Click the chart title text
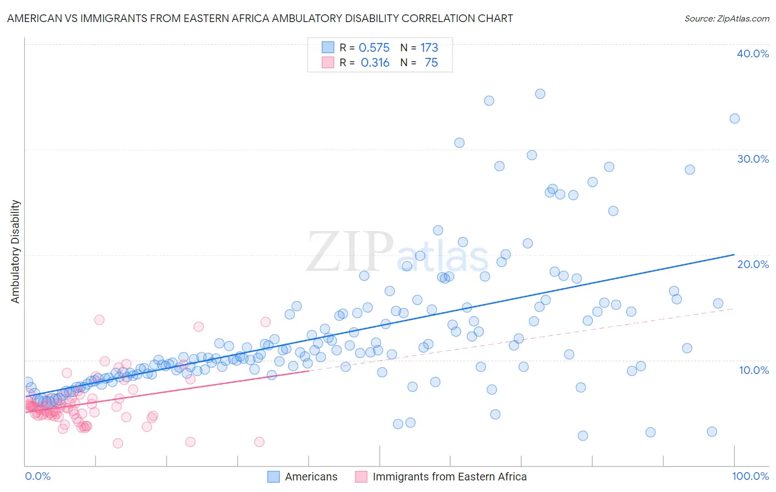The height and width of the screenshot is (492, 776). coord(260,18)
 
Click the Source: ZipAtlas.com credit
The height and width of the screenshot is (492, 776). coord(726,18)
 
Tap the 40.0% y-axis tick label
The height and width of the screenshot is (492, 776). coord(753,54)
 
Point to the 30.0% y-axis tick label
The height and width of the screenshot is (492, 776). coord(753,159)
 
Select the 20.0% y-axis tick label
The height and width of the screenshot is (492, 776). coord(753,264)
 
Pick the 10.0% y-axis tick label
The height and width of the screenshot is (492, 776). coord(753,370)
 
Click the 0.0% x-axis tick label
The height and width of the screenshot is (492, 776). coord(38,477)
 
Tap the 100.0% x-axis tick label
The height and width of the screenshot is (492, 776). coord(750,477)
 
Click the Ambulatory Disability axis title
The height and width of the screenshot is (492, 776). coord(15,252)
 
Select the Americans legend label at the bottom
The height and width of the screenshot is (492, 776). coord(311,477)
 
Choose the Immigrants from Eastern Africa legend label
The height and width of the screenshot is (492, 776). coord(449,477)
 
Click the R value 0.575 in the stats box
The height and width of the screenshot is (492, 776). coord(374,48)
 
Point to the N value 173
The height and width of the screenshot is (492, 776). coord(429,48)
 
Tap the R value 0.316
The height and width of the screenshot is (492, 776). coord(375,63)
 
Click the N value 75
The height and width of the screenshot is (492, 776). coord(431,63)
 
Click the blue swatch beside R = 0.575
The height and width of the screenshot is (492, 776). coord(328,47)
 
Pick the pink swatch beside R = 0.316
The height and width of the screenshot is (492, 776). coord(328,62)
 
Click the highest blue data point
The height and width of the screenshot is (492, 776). coord(540,94)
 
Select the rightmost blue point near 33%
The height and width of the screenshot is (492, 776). coord(734,119)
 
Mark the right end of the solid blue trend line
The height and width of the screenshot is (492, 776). coord(734,254)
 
